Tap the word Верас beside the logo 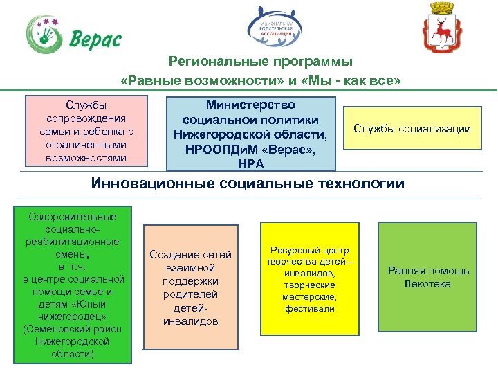95,39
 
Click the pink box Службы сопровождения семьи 86,131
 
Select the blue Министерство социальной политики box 250,134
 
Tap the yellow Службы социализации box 412,128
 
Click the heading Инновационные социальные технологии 248,184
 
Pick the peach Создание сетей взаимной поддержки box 191,287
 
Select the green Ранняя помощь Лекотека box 428,277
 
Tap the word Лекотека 428,284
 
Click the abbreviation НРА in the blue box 250,163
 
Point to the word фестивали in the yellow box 310,308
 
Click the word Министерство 250,105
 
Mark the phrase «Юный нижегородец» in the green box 73,310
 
